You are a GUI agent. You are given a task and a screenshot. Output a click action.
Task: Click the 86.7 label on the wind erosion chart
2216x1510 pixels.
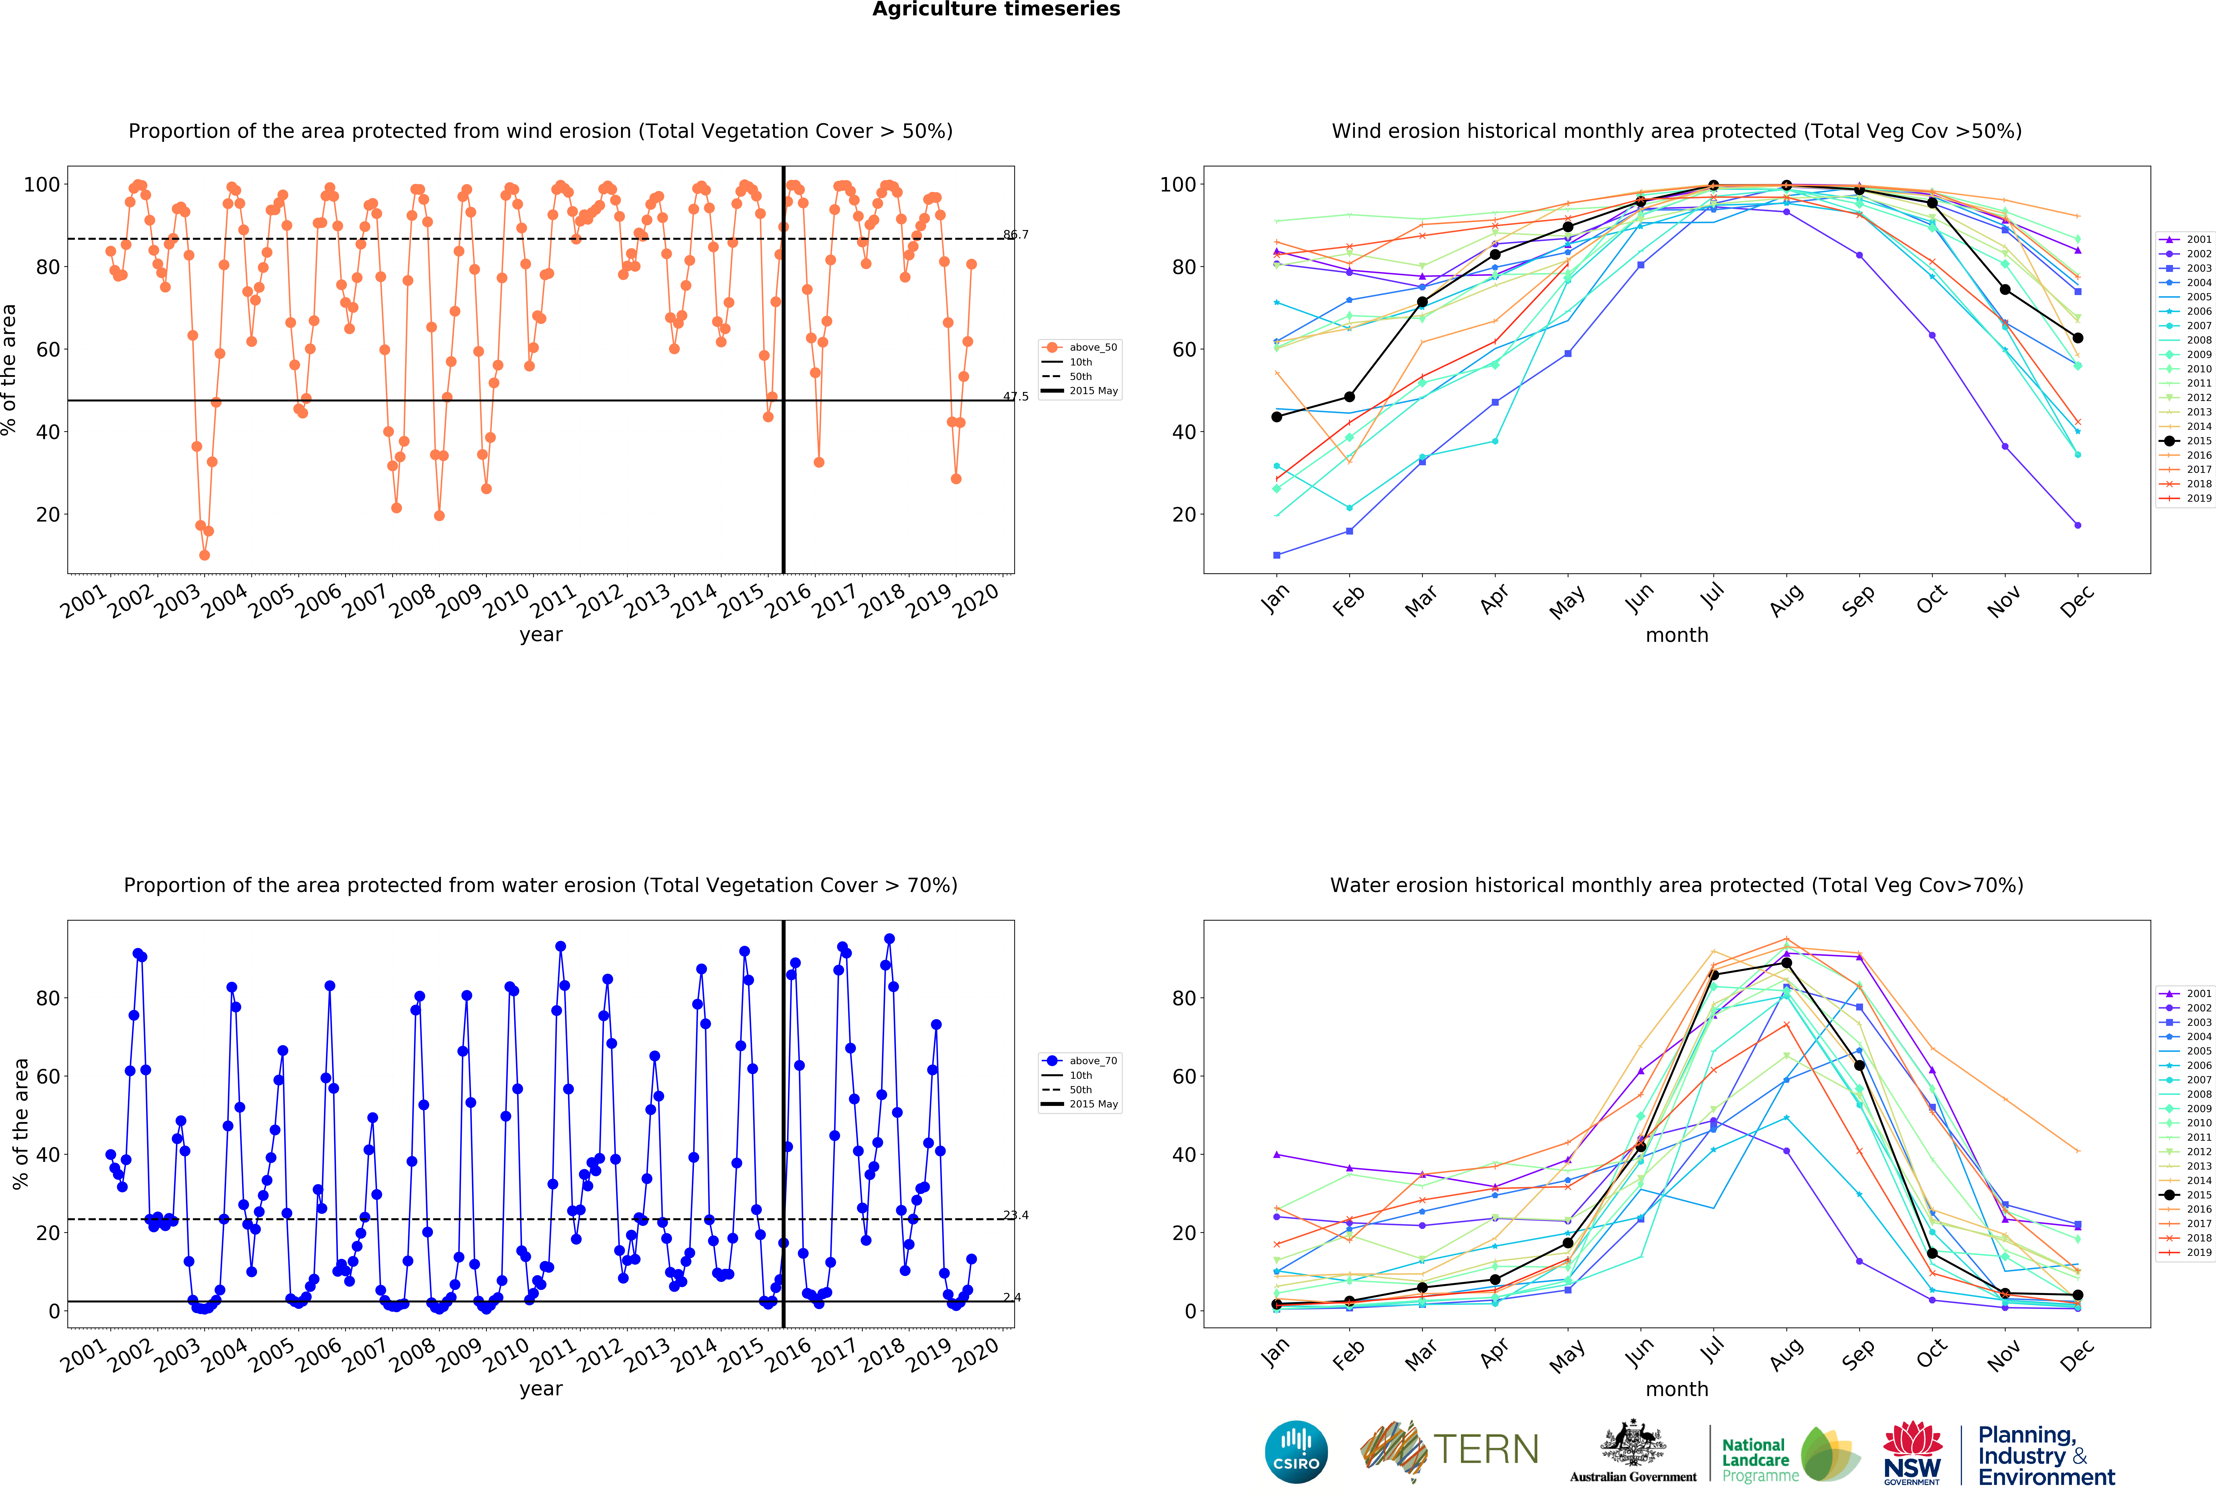click(1015, 235)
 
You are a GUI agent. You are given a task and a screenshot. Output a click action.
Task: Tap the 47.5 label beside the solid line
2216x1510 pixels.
click(1015, 396)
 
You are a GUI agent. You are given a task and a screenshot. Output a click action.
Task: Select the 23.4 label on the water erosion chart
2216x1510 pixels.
click(1015, 1215)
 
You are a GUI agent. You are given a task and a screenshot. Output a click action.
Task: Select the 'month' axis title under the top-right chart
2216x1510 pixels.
click(1676, 635)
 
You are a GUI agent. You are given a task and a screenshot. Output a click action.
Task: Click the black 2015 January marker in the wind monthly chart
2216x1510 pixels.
click(1277, 417)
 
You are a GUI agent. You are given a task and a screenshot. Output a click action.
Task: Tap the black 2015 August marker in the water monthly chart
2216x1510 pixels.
click(1786, 963)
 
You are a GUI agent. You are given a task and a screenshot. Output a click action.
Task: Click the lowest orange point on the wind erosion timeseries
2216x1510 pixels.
click(204, 555)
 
